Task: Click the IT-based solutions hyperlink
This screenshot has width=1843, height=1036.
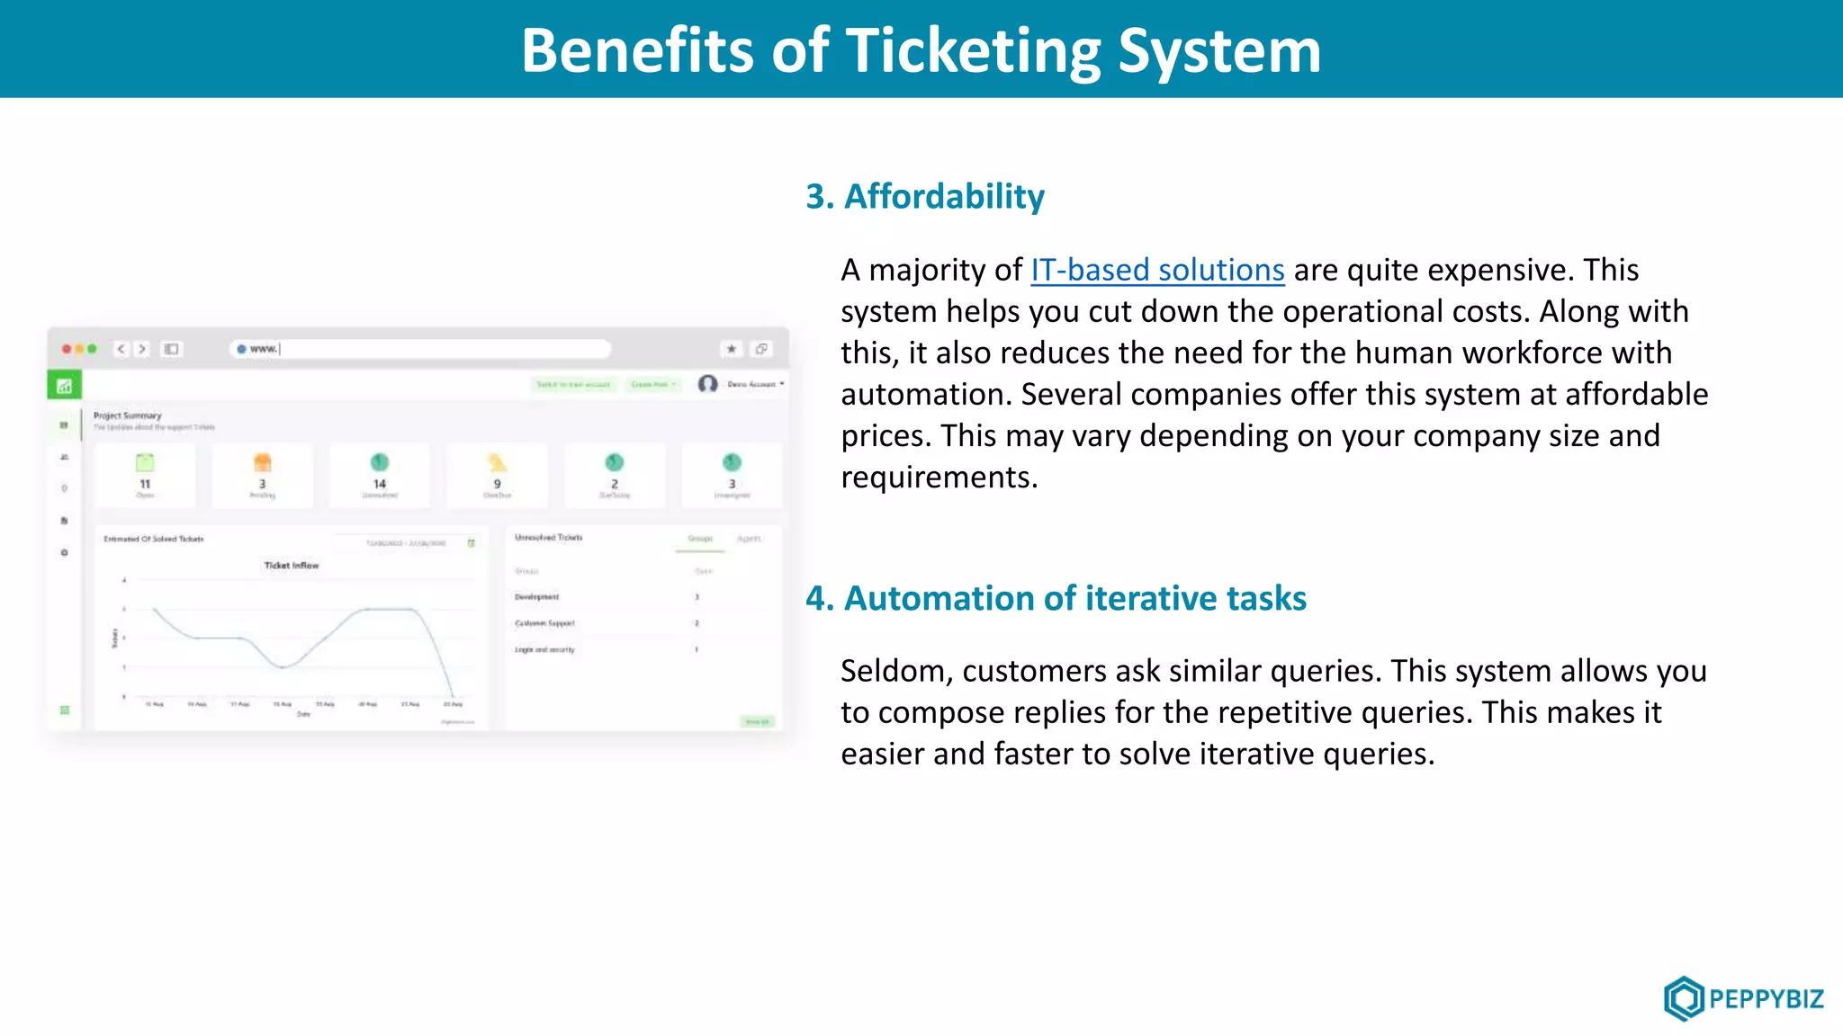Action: coord(1157,271)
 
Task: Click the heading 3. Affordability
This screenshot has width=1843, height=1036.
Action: coord(925,197)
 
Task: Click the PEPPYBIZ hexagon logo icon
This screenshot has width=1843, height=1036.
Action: coord(1683,998)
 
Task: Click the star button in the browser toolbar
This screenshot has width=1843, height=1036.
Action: coord(732,349)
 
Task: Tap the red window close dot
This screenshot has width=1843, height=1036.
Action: coord(67,349)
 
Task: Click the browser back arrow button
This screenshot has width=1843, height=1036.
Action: coord(121,349)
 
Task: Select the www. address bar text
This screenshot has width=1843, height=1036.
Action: coord(264,349)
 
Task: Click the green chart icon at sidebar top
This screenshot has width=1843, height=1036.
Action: coord(64,386)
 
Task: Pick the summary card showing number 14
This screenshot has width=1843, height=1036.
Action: coord(380,475)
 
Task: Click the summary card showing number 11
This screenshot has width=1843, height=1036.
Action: coord(145,475)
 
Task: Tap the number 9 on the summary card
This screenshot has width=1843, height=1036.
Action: coord(497,484)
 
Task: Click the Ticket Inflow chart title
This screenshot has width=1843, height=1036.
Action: coord(292,566)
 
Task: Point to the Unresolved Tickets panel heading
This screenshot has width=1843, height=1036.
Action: coord(548,538)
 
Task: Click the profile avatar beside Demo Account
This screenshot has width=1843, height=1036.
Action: coord(708,384)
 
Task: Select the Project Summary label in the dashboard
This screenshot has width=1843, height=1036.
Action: coord(128,415)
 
